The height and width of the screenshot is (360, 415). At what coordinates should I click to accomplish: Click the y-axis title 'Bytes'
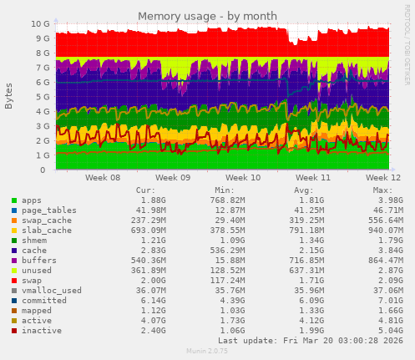click(8, 96)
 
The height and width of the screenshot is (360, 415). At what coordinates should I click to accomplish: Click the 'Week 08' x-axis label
click(103, 178)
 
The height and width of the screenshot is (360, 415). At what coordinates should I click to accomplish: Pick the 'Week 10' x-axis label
click(243, 178)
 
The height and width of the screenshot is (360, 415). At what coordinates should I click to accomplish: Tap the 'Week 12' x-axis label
click(383, 178)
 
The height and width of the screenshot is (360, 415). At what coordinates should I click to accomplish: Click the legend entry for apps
click(32, 200)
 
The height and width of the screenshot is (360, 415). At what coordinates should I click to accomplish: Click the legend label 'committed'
click(45, 301)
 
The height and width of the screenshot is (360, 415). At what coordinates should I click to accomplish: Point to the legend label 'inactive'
click(42, 331)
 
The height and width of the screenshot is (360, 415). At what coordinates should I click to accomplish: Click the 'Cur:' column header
click(145, 190)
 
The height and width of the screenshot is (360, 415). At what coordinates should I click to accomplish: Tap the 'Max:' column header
click(382, 190)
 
